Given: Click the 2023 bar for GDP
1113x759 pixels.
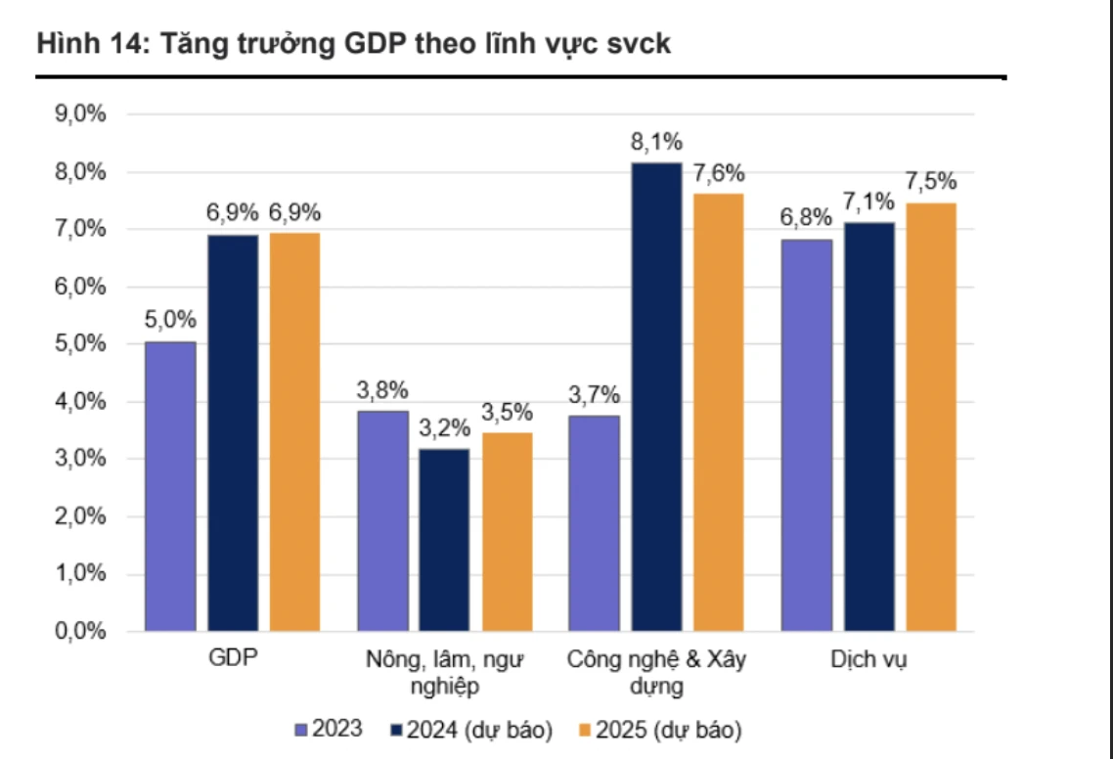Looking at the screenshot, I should click(170, 486).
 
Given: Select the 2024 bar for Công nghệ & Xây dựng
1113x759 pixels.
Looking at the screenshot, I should click(656, 396).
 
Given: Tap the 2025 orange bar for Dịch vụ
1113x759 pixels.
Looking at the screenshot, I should click(930, 417).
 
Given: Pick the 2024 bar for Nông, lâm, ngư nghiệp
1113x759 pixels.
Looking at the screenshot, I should click(445, 539).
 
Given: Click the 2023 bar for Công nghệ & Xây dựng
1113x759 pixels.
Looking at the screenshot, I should click(594, 522).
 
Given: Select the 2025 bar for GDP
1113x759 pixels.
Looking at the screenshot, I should click(294, 431).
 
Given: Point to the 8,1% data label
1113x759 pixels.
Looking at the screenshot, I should click(656, 143).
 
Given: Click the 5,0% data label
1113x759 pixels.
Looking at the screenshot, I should click(171, 321).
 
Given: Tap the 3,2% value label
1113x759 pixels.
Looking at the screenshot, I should click(445, 428).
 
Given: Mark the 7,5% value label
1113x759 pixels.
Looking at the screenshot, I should click(932, 182).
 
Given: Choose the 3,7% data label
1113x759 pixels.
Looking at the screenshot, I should click(594, 395).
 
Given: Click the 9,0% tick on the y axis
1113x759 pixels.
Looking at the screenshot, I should click(81, 114).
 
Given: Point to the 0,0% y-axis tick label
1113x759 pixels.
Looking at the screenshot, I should click(81, 631).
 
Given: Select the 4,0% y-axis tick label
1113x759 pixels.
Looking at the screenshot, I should click(81, 402).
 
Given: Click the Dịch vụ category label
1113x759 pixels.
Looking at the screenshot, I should click(868, 659).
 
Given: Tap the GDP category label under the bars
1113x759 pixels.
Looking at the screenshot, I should click(233, 659).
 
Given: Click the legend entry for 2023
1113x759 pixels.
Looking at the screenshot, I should click(330, 730).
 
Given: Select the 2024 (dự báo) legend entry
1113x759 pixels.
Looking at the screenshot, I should click(471, 730).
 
